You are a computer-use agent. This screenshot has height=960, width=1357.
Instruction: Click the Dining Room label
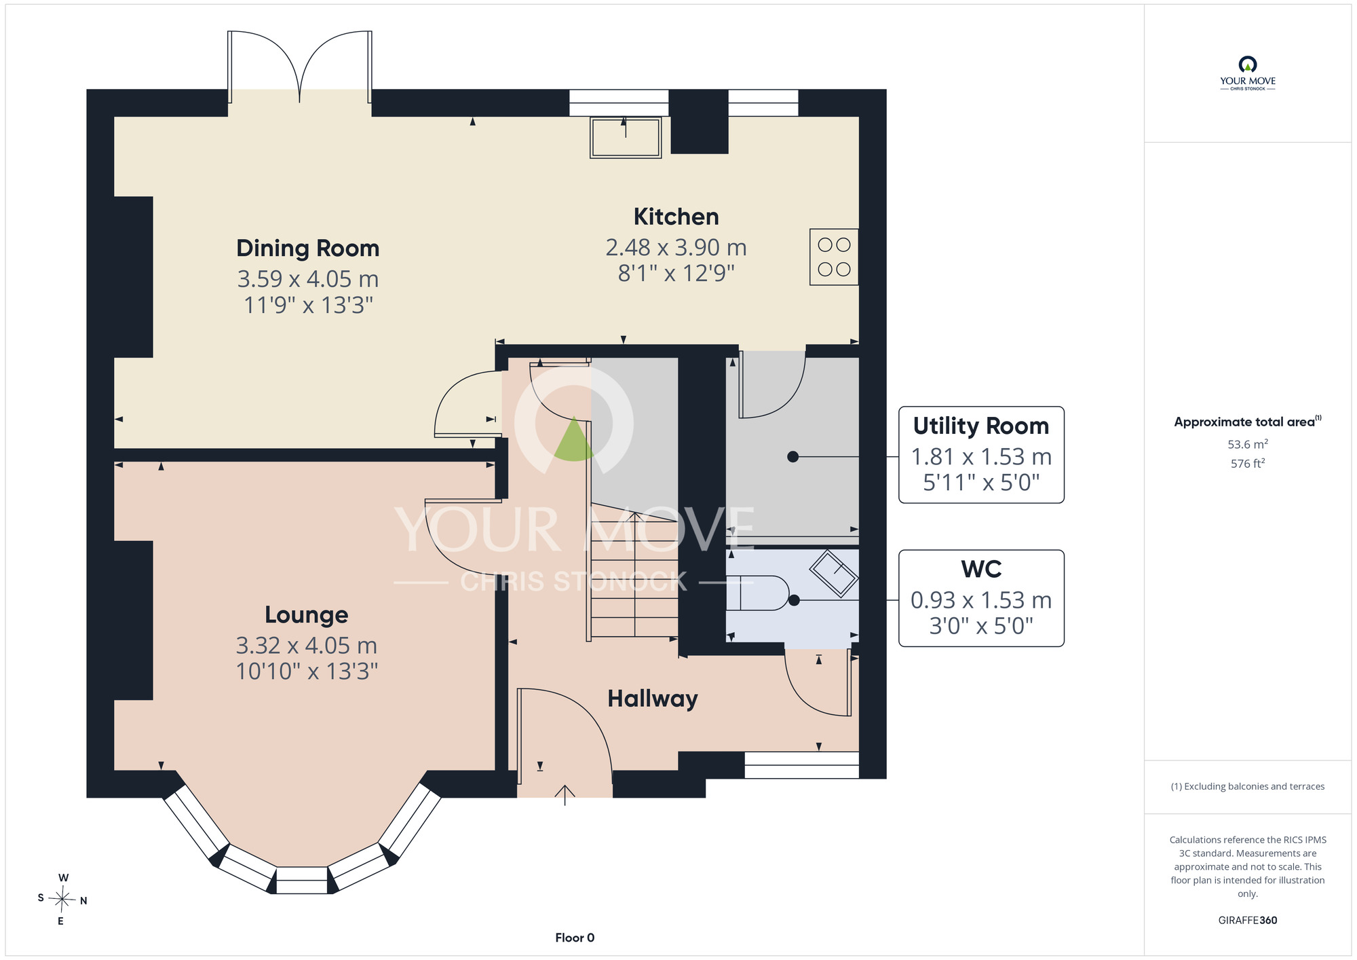(x=307, y=248)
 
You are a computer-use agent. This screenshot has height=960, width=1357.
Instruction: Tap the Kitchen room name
(x=676, y=217)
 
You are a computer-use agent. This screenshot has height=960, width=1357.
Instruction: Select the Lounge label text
(x=306, y=614)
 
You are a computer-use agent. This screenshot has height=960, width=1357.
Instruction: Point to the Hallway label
(x=653, y=699)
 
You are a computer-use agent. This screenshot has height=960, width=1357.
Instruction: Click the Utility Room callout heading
(x=981, y=426)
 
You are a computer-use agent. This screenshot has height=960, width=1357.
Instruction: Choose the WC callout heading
(x=981, y=569)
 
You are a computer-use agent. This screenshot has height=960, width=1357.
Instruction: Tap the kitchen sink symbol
(x=626, y=138)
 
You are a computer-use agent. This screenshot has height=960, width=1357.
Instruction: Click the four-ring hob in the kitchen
(x=834, y=257)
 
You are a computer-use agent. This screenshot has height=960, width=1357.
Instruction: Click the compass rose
(x=62, y=900)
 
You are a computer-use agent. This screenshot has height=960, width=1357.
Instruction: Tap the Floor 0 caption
(x=575, y=938)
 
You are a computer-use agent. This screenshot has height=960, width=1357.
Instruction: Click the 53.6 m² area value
(x=1248, y=444)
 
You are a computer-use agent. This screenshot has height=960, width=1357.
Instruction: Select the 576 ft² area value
(x=1248, y=463)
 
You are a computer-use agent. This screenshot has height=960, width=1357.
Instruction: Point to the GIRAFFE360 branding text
(x=1248, y=921)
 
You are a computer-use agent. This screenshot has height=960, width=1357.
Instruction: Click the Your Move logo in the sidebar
(x=1248, y=73)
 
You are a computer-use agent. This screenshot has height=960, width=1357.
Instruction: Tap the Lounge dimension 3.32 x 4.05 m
(x=306, y=645)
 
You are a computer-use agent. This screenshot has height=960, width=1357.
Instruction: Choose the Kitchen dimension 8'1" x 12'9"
(x=676, y=273)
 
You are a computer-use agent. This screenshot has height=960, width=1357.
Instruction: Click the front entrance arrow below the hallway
(x=565, y=795)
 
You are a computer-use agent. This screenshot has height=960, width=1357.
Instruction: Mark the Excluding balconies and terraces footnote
(x=1248, y=786)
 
